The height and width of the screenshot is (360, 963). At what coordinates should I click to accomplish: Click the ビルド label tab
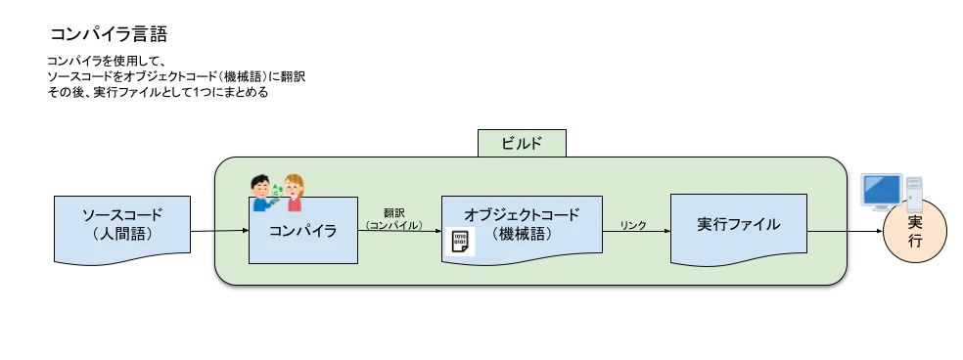click(523, 143)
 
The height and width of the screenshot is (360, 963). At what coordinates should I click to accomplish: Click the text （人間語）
click(122, 235)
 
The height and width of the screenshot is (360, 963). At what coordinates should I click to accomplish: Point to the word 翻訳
click(393, 211)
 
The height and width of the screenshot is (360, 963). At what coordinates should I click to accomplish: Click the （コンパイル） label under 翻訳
click(393, 225)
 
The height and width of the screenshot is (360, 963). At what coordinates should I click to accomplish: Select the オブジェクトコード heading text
click(522, 214)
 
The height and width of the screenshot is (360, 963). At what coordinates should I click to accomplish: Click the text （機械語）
click(522, 234)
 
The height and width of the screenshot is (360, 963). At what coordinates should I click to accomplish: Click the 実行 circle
click(915, 233)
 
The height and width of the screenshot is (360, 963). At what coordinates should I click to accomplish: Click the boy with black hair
click(262, 192)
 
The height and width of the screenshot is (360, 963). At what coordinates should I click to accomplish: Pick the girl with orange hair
click(293, 193)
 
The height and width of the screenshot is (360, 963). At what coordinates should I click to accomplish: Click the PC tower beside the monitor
click(914, 191)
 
